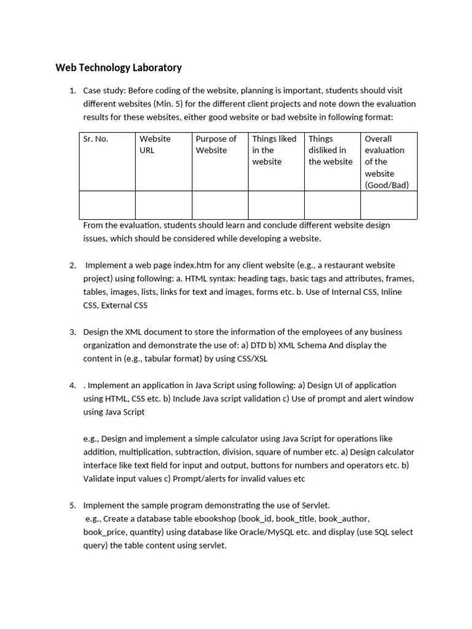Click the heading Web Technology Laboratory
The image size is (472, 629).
coord(119,68)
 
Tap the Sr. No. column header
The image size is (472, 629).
coord(95,139)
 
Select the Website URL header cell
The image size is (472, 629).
coord(155,144)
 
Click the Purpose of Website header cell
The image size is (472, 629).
coord(216,144)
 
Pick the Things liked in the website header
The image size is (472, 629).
coord(273,150)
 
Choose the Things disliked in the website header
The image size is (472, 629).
coord(330,150)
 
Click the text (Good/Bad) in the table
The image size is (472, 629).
coord(387,185)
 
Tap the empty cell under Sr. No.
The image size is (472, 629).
coord(107,205)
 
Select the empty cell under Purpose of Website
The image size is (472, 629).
coord(219,205)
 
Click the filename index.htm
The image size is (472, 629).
coord(203,265)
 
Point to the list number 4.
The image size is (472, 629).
coord(73,385)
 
